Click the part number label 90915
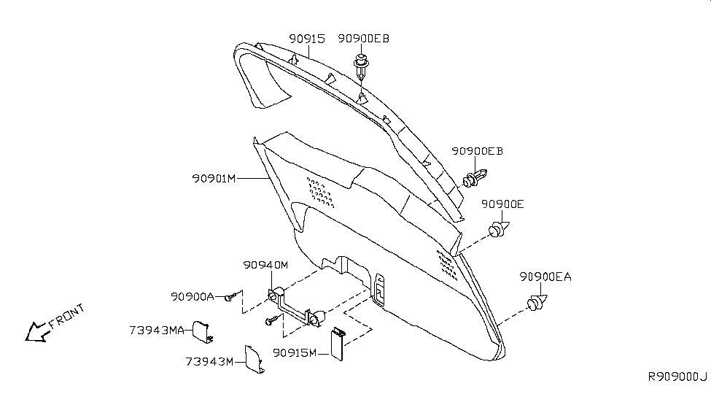307,39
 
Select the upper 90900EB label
363,39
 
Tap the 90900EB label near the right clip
477,151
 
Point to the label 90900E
502,204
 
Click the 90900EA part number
545,277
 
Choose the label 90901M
214,179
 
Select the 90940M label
265,265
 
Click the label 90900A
193,297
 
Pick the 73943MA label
157,331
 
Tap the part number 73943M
209,362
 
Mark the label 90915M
295,352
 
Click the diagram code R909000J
677,377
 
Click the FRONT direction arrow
37,332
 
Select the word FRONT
66,316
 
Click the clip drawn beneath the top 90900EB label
361,66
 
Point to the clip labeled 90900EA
537,302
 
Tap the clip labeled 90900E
499,230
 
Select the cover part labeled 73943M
255,359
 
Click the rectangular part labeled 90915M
338,344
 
